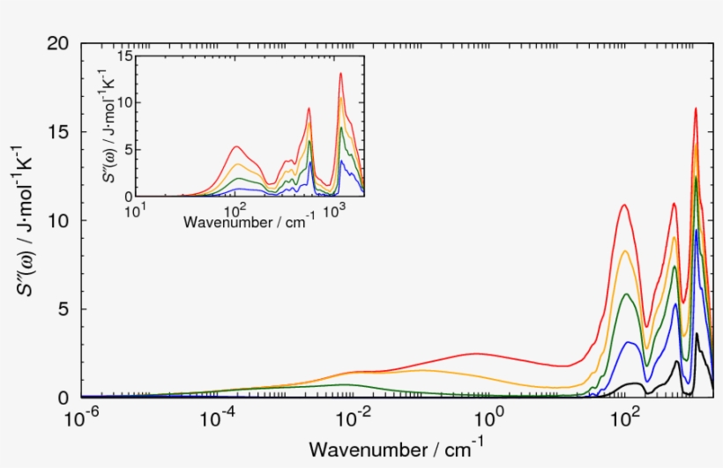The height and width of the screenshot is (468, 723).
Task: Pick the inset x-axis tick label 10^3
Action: tap(333, 210)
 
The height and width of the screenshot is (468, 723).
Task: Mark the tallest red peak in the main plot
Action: tap(696, 108)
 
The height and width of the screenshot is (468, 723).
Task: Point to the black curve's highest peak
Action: tap(697, 334)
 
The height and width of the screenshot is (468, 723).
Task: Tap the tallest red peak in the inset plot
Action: tap(340, 73)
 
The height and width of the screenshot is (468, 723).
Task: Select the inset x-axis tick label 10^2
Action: tap(235, 210)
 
